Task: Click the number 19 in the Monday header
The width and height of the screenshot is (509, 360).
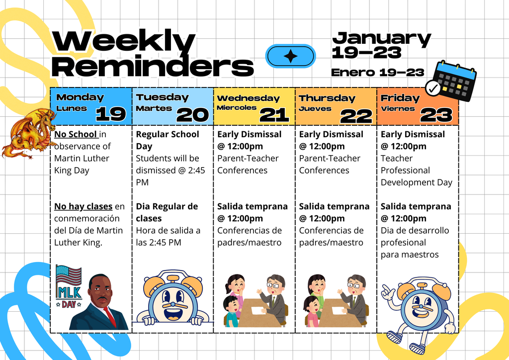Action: [x=110, y=114]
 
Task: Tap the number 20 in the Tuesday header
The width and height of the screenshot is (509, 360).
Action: [x=192, y=115]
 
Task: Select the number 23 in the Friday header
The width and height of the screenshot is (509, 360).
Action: [x=436, y=115]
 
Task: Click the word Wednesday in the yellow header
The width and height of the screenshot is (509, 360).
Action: [x=248, y=98]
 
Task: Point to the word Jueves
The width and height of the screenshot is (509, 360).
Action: [x=315, y=108]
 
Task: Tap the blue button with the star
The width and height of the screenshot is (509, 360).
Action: [x=290, y=56]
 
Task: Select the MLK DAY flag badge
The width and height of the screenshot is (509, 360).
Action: [x=68, y=286]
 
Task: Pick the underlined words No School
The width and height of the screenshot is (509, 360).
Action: [x=76, y=134]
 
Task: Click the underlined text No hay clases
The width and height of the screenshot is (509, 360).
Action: [x=83, y=206]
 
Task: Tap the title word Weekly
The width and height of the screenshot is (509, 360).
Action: [x=123, y=41]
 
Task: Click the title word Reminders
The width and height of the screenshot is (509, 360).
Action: [x=152, y=66]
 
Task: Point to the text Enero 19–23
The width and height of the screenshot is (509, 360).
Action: [x=377, y=72]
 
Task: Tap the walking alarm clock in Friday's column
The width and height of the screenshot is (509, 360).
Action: [x=418, y=311]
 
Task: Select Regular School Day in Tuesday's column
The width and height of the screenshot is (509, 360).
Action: [x=167, y=140]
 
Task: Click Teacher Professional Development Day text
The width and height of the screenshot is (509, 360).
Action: [x=416, y=170]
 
